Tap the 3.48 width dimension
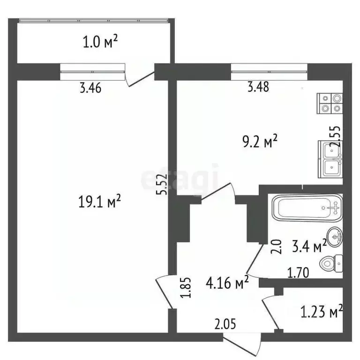point(257,87)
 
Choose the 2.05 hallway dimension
point(225,323)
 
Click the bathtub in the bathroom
point(307,207)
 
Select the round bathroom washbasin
point(334,237)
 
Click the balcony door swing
point(141,78)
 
